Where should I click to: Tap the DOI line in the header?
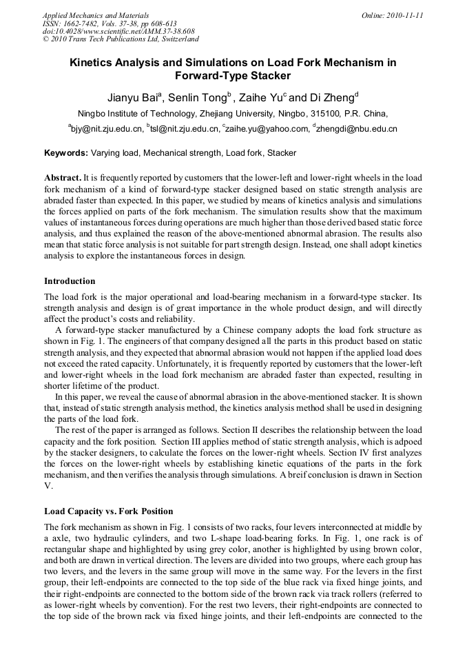pyautogui.click(x=118, y=31)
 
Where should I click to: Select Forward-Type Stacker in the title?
pyautogui.click(x=233, y=76)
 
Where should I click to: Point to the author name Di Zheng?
pyautogui.click(x=334, y=96)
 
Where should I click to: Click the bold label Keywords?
pyautogui.click(x=66, y=152)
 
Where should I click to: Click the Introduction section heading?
pyautogui.click(x=70, y=281)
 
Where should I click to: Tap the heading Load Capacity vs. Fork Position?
pyautogui.click(x=108, y=511)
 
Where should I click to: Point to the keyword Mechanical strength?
pyautogui.click(x=181, y=152)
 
